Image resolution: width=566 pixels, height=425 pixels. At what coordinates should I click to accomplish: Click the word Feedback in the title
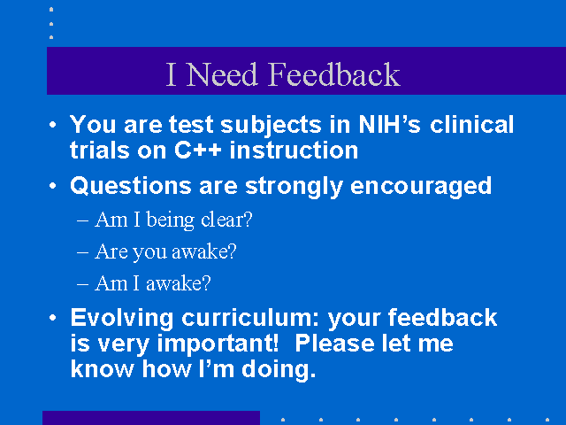(x=334, y=74)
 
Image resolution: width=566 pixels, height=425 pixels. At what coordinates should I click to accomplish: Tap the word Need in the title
(x=222, y=74)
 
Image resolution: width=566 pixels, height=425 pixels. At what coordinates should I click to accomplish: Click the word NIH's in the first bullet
(x=389, y=124)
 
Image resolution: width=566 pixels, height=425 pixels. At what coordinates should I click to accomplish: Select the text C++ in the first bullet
(x=198, y=150)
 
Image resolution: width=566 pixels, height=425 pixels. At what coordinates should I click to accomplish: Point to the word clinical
(x=471, y=124)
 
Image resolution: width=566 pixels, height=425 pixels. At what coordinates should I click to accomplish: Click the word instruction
(x=294, y=150)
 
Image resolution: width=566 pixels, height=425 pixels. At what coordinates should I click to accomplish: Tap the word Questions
(x=131, y=186)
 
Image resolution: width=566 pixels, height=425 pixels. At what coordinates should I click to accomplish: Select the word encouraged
(x=421, y=187)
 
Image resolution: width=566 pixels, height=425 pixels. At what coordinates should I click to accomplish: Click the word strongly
(x=294, y=187)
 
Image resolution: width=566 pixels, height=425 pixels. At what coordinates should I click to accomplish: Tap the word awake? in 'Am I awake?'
(x=179, y=283)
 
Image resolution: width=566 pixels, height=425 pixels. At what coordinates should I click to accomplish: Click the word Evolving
(x=122, y=319)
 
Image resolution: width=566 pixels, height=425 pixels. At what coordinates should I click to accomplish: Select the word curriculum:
(x=250, y=318)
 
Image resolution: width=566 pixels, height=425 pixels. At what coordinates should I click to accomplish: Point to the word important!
(x=218, y=344)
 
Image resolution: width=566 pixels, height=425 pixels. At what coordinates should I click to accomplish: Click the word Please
(x=334, y=344)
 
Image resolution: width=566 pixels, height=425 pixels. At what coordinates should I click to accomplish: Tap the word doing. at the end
(x=279, y=370)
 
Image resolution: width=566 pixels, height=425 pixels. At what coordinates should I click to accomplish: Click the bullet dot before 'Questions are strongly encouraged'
(x=53, y=186)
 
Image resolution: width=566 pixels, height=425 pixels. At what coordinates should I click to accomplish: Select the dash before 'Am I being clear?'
(x=82, y=220)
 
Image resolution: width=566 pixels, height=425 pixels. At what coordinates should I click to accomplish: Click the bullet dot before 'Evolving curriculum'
(x=53, y=318)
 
